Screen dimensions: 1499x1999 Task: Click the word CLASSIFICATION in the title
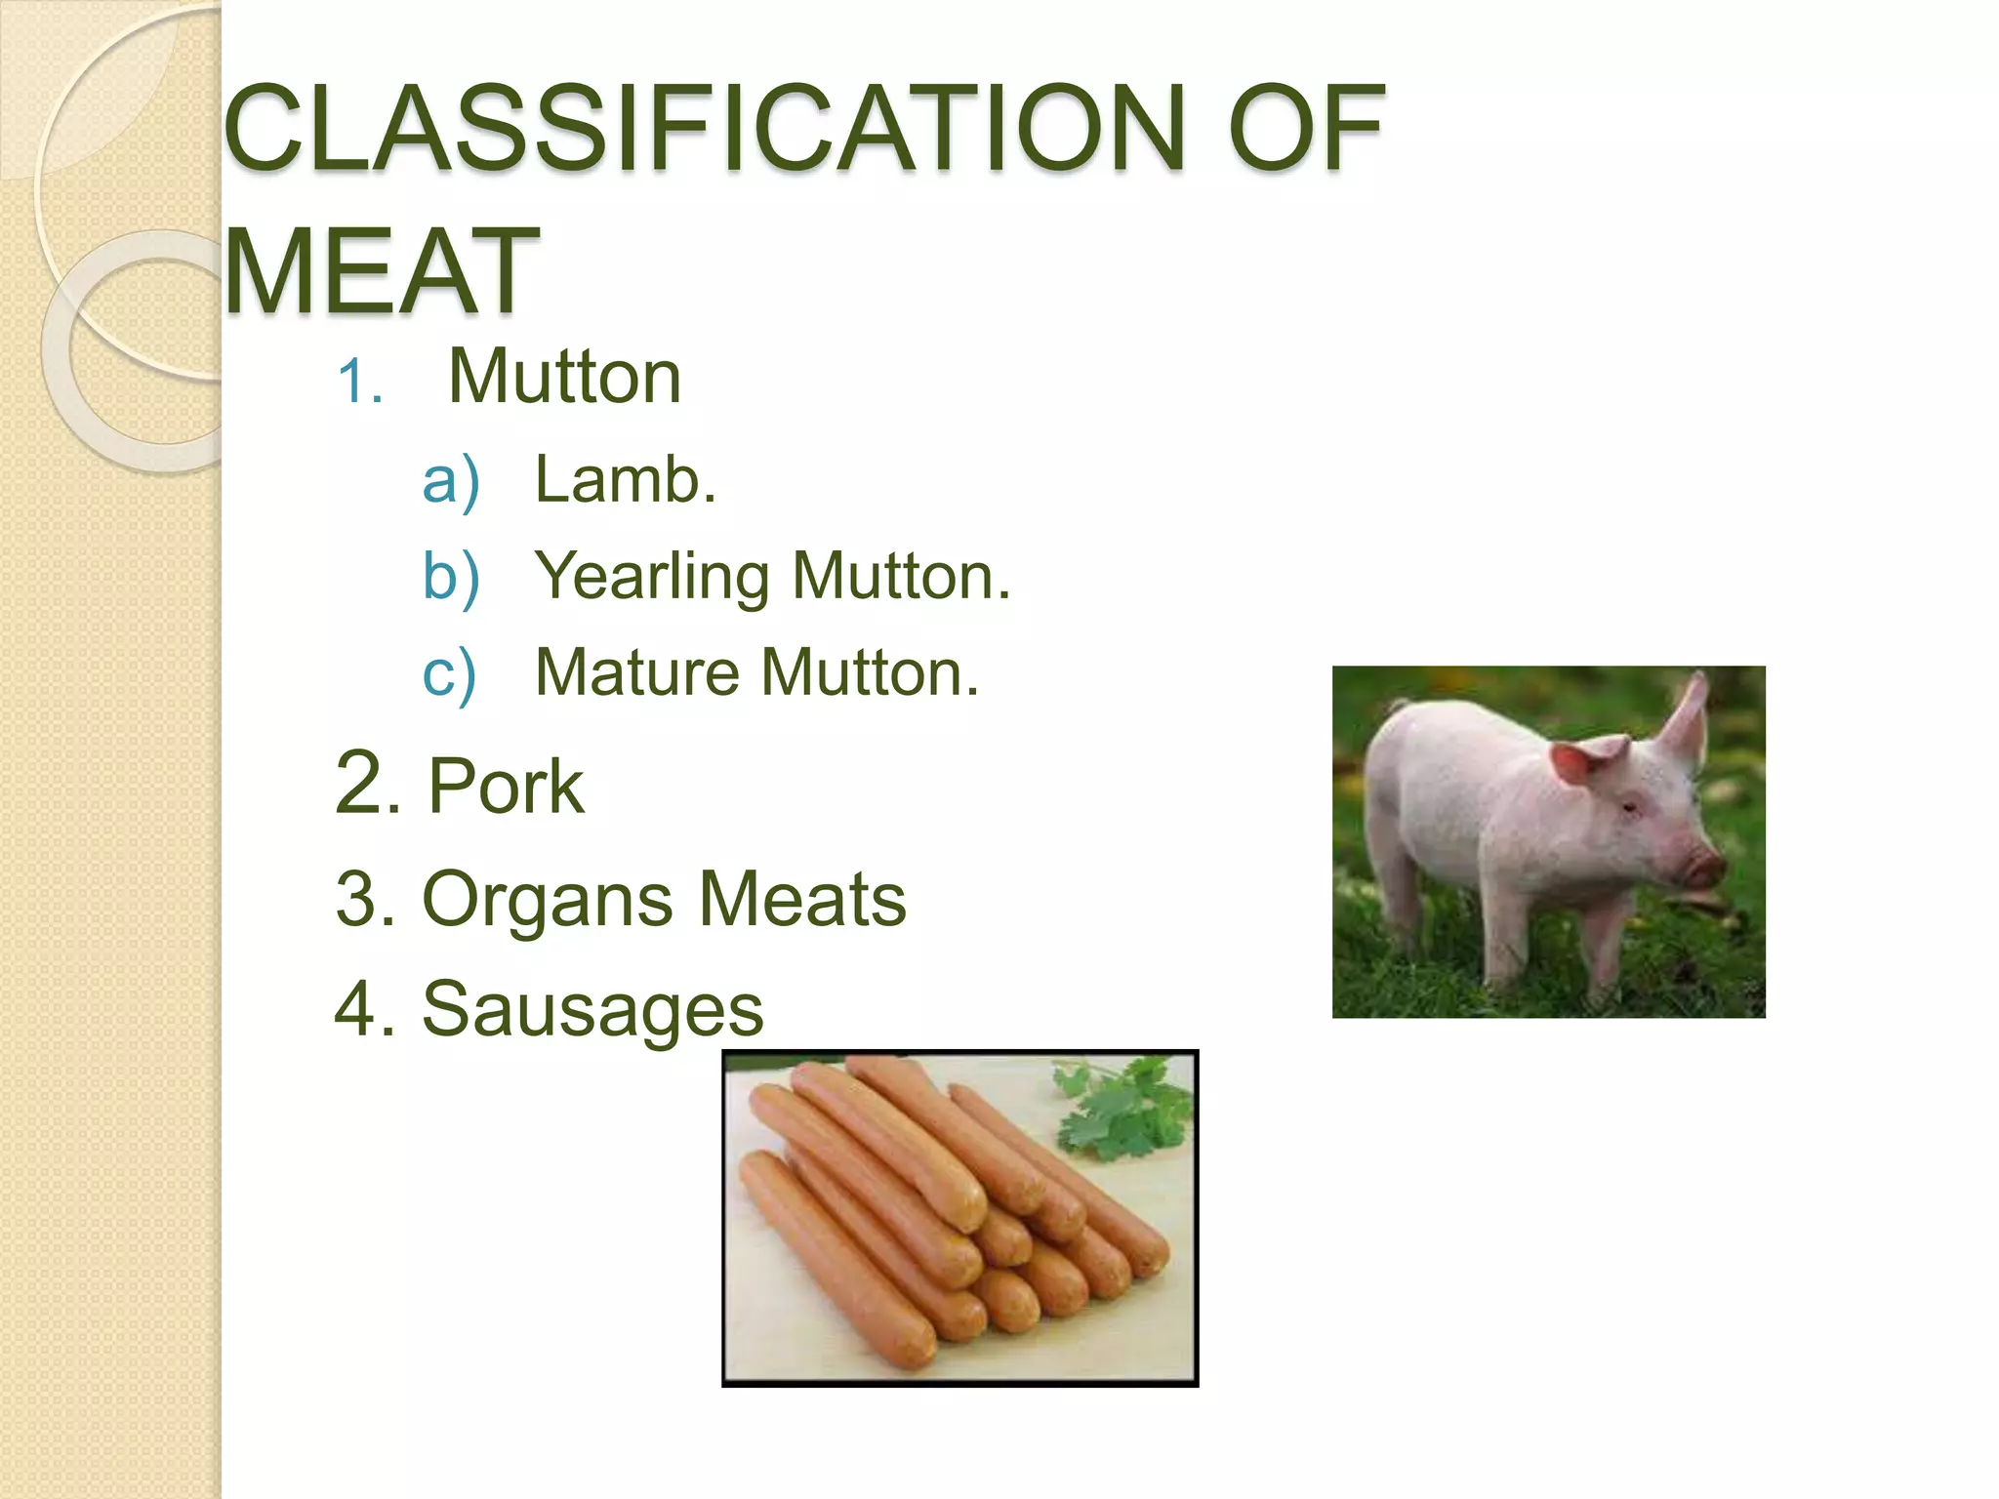click(703, 129)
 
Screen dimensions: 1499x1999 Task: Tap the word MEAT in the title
click(381, 270)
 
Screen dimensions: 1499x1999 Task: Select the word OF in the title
click(1305, 129)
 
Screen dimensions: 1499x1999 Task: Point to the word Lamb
click(625, 480)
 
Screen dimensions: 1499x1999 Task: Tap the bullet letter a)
click(450, 481)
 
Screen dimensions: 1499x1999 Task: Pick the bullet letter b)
click(450, 577)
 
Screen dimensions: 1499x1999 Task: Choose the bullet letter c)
click(449, 673)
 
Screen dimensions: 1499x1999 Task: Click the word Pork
click(506, 787)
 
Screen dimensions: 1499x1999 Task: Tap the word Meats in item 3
click(802, 899)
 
